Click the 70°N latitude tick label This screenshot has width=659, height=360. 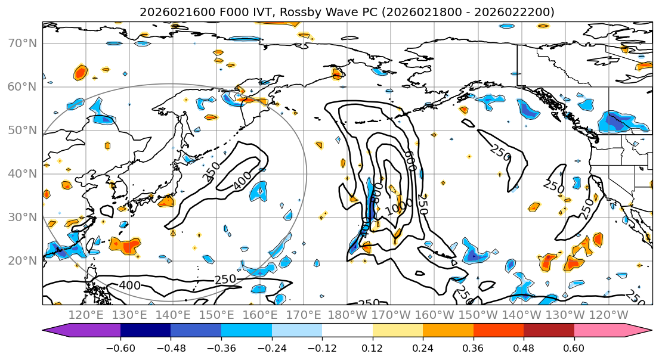(x=22, y=44)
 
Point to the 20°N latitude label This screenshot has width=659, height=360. (x=22, y=261)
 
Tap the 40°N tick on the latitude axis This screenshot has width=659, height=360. (x=22, y=174)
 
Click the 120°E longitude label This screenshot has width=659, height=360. (x=86, y=315)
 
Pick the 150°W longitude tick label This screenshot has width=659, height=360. (x=477, y=315)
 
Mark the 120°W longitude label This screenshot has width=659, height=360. (x=608, y=315)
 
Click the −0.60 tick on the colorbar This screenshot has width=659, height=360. (x=120, y=346)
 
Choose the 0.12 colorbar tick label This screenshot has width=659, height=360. (x=372, y=346)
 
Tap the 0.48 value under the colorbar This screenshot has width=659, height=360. (x=523, y=346)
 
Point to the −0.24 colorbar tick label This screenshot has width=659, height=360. (x=271, y=346)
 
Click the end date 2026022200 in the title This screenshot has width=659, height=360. (x=518, y=12)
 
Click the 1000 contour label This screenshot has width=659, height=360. (x=395, y=210)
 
